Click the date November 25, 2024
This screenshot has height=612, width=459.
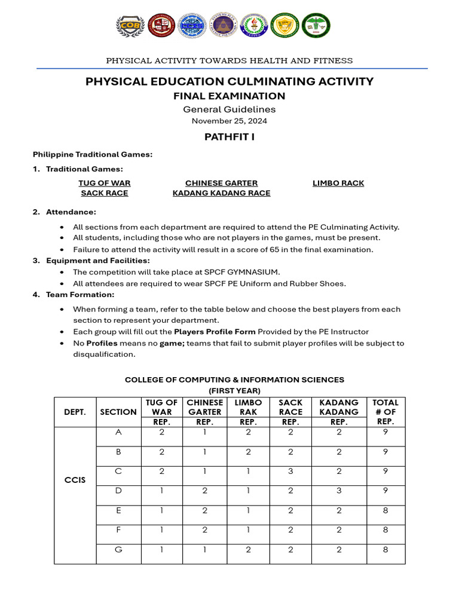229,121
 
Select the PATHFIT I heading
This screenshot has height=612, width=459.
229,137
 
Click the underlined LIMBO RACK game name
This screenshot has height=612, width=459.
338,183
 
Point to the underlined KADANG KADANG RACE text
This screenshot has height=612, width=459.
221,193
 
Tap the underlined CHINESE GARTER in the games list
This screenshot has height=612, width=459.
221,183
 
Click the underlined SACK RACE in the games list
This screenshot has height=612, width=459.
105,193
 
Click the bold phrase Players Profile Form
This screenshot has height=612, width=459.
215,331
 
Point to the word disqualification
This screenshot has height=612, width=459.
100,354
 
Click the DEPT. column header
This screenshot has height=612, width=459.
75,412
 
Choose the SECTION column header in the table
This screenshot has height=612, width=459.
118,412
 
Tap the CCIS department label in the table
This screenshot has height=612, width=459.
75,480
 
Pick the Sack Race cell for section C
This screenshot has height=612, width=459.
290,471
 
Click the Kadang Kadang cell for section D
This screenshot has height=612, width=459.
339,491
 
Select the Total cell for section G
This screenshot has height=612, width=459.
385,549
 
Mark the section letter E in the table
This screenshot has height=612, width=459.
118,510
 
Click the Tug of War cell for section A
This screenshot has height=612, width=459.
161,432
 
